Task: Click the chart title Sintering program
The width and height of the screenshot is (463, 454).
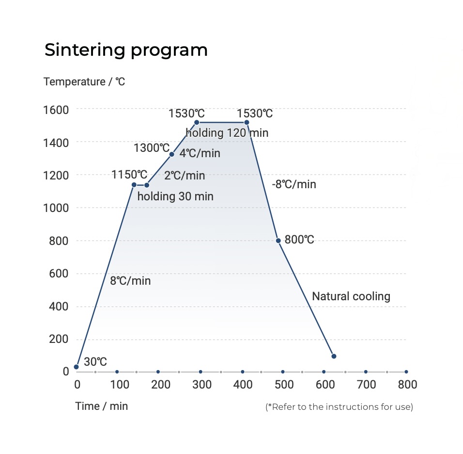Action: pyautogui.click(x=126, y=50)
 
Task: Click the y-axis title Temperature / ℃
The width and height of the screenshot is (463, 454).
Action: pyautogui.click(x=84, y=81)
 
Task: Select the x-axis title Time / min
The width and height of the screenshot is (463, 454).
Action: pyautogui.click(x=102, y=406)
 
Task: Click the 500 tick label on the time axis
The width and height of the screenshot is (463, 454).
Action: pyautogui.click(x=284, y=385)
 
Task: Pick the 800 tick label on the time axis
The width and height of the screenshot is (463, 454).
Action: pyautogui.click(x=407, y=385)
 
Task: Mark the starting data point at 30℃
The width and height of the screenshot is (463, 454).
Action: pyautogui.click(x=76, y=367)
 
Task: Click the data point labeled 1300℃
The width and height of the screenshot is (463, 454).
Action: pyautogui.click(x=171, y=154)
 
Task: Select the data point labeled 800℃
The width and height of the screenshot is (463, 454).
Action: pyautogui.click(x=278, y=241)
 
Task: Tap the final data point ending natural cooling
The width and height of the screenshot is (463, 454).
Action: pyautogui.click(x=334, y=356)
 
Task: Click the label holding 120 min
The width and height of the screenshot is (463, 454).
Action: pyautogui.click(x=227, y=132)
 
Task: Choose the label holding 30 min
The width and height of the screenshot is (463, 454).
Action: pyautogui.click(x=175, y=196)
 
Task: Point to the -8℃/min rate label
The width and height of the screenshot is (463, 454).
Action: pyautogui.click(x=294, y=184)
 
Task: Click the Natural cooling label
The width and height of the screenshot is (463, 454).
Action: pyautogui.click(x=351, y=296)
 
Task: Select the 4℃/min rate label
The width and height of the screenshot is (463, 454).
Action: pyautogui.click(x=200, y=154)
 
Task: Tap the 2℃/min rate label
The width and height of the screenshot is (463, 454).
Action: pyautogui.click(x=185, y=175)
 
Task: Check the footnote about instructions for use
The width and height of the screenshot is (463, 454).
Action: pyautogui.click(x=339, y=406)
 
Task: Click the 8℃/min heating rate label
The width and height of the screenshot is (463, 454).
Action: pyautogui.click(x=130, y=280)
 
